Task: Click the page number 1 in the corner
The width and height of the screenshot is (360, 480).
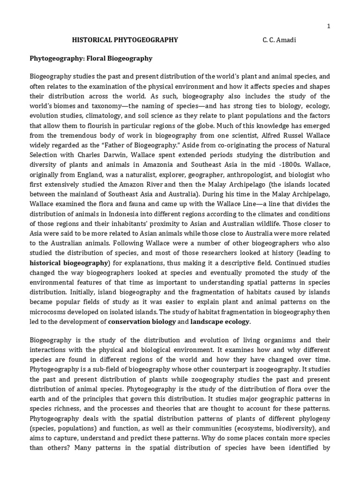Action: pyautogui.click(x=329, y=27)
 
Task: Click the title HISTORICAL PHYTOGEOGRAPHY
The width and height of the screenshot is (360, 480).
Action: pyautogui.click(x=125, y=40)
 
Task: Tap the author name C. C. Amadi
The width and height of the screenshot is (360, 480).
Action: pyautogui.click(x=279, y=40)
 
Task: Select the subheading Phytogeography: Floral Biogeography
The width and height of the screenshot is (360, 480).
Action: pyautogui.click(x=91, y=59)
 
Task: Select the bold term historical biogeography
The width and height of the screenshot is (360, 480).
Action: pyautogui.click(x=69, y=262)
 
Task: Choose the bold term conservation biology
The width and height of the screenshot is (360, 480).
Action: pyautogui.click(x=142, y=322)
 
